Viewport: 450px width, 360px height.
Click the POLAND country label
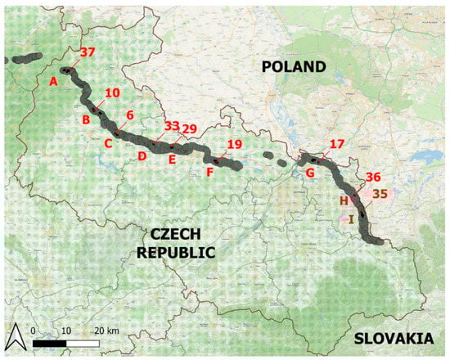[294, 66]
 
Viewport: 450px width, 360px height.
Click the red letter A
[53, 81]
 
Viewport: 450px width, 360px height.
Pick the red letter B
[84, 120]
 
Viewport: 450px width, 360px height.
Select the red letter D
[142, 155]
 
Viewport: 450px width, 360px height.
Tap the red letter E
[172, 160]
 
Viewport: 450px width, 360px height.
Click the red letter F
[210, 173]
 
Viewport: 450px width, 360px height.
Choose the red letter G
[310, 173]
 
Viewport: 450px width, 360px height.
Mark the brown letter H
[344, 200]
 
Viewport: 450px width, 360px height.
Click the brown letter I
[351, 218]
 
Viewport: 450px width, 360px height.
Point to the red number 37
[88, 52]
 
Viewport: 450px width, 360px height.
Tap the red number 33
[172, 126]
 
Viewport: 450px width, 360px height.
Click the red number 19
[235, 144]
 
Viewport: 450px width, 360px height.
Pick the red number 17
[337, 144]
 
